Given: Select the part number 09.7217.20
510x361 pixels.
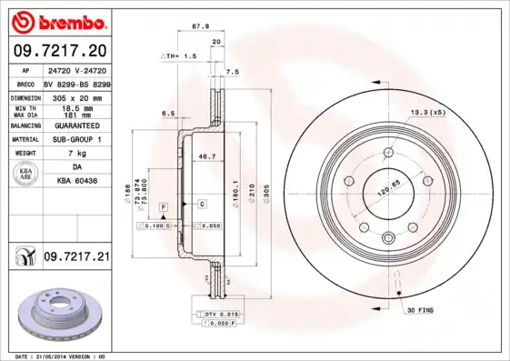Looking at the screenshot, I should pyautogui.click(x=59, y=49).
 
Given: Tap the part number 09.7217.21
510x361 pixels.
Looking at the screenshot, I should pyautogui.click(x=76, y=258).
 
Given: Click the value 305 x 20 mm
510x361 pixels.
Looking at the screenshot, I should pyautogui.click(x=76, y=95).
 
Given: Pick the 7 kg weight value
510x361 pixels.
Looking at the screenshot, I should pyautogui.click(x=76, y=154).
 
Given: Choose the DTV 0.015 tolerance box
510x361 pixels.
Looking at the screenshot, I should pyautogui.click(x=214, y=314).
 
